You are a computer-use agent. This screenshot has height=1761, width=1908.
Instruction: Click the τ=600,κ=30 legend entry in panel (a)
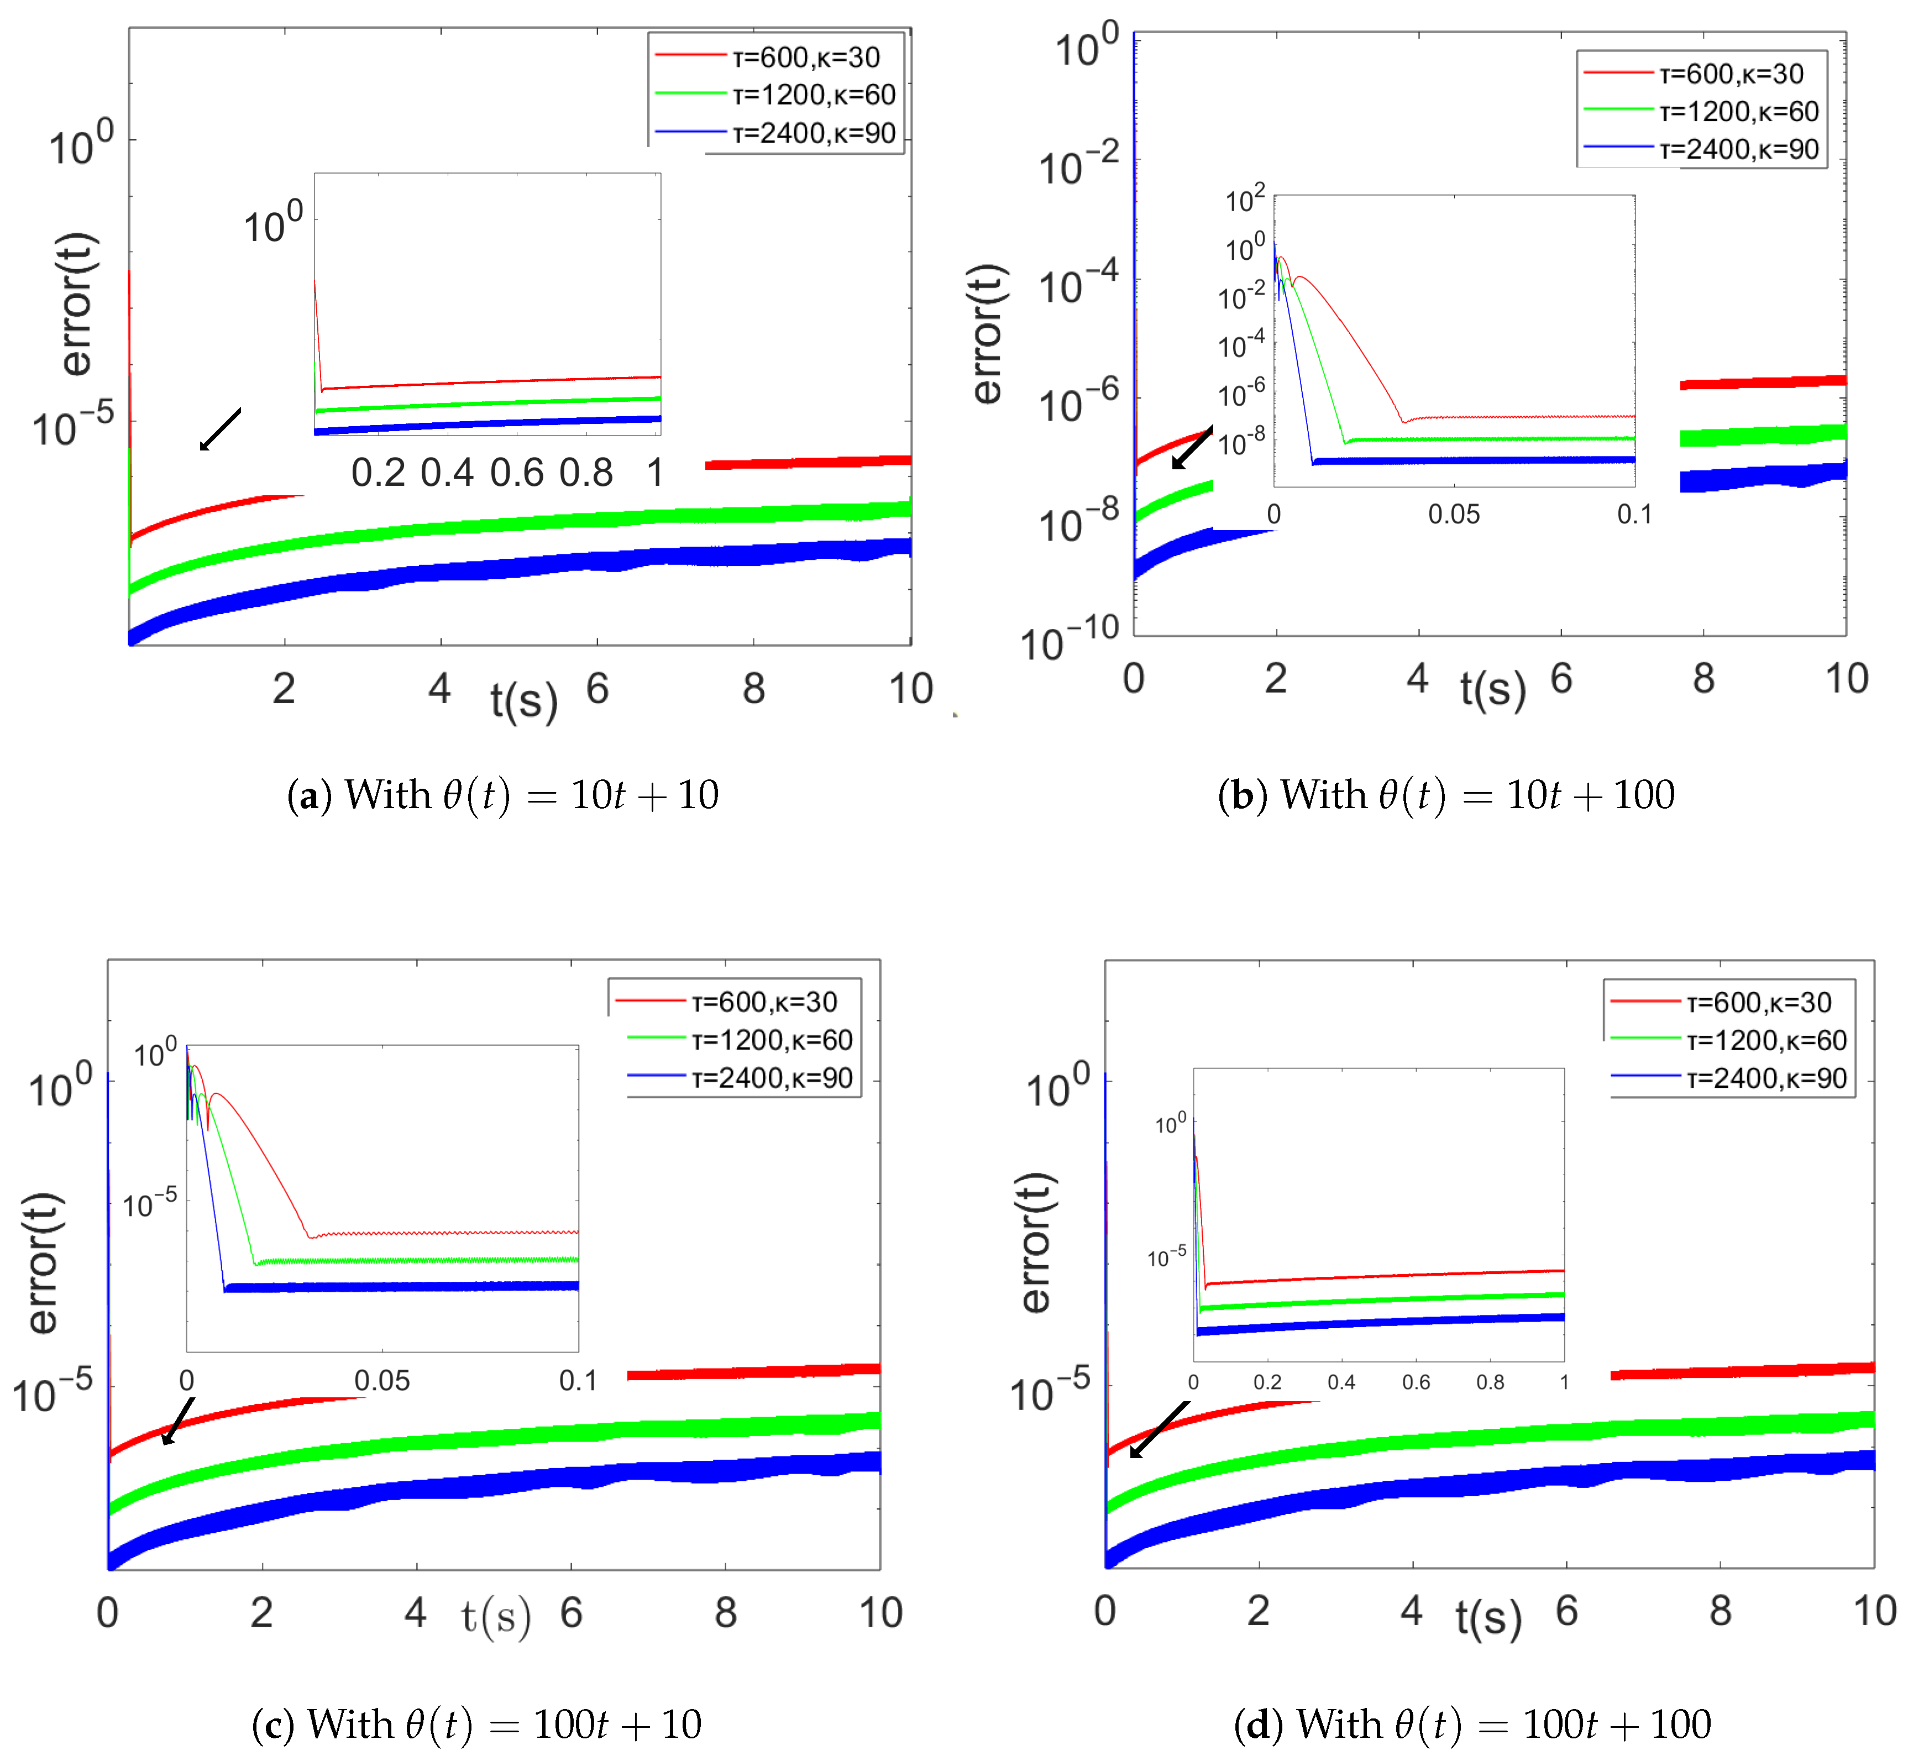805,57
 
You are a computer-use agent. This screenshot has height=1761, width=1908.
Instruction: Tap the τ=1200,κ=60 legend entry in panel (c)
772,1040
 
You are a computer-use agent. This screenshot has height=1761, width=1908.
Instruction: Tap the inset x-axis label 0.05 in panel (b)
1454,515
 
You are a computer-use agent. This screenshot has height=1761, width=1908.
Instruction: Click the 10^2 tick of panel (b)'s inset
1245,199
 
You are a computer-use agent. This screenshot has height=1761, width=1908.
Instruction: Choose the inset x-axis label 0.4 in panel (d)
1341,1382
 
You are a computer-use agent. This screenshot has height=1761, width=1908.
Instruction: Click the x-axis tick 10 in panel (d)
1874,1611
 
